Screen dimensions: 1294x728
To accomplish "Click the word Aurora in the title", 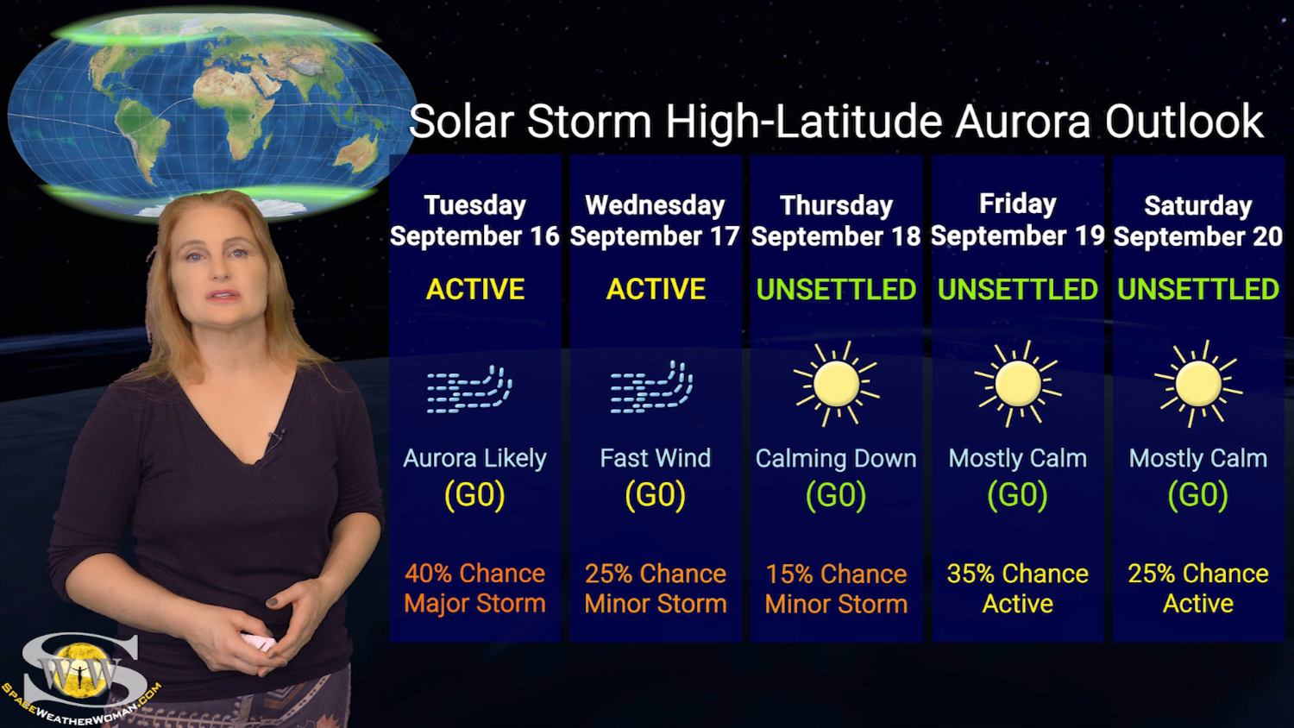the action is point(1022,122).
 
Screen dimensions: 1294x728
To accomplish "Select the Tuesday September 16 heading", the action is point(474,221).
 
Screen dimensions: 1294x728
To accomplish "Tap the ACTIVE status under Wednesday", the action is point(656,289).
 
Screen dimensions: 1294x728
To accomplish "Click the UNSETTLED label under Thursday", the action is point(836,289).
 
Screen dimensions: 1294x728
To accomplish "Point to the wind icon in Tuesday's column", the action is point(469,389).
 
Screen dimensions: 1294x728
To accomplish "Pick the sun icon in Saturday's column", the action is point(1198,384).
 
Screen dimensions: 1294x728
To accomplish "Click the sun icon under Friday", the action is point(1018,384).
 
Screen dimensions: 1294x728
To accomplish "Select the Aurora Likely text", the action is point(474,458).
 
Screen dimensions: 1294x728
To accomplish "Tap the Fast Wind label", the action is point(656,458).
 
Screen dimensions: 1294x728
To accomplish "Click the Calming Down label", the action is point(836,459).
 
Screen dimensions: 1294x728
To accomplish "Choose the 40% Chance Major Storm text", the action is point(474,588).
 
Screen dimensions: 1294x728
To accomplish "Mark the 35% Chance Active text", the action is point(1018,588).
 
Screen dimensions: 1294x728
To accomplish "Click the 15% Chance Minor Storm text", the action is point(836,589).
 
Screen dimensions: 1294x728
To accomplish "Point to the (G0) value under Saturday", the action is point(1198,495).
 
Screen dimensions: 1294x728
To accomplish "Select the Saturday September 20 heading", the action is point(1198,221).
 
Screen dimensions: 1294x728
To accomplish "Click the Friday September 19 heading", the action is point(1018,220).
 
